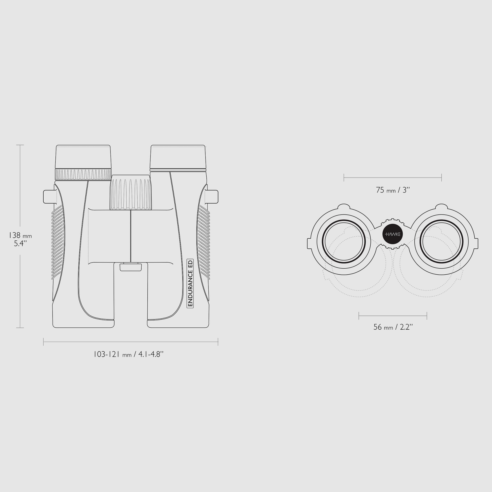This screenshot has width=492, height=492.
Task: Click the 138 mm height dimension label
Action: pyautogui.click(x=20, y=239)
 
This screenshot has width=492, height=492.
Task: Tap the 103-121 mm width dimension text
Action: pyautogui.click(x=128, y=354)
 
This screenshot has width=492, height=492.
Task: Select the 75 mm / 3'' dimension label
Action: pyautogui.click(x=393, y=190)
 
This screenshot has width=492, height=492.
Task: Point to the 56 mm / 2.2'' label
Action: pyautogui.click(x=393, y=327)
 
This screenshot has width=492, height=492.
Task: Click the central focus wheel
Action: pyautogui.click(x=131, y=192)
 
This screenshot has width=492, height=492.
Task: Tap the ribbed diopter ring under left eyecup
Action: pyautogui.click(x=83, y=174)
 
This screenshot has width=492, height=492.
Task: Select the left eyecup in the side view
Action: pyautogui.click(x=83, y=157)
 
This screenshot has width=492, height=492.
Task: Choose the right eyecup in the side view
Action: pyautogui.click(x=178, y=157)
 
